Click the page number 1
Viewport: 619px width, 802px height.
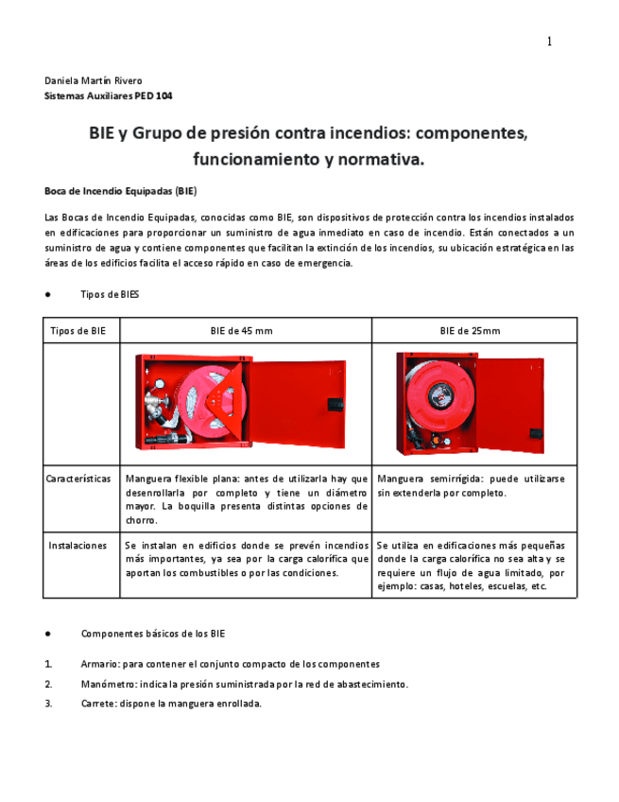tap(549, 41)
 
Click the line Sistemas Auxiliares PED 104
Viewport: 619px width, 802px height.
tap(109, 96)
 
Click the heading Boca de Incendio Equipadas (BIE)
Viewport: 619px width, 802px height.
tap(120, 190)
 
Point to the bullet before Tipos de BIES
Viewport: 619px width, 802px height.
tap(48, 294)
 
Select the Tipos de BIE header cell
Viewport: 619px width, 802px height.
tap(77, 330)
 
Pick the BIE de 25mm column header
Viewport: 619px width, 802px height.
tap(470, 330)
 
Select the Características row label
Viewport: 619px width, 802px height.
tap(80, 479)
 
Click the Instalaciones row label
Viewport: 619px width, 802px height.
tap(77, 546)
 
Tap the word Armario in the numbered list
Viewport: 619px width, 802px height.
tap(100, 664)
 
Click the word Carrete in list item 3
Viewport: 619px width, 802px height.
tap(98, 704)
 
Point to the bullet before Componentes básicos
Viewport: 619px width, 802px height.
tap(48, 633)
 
